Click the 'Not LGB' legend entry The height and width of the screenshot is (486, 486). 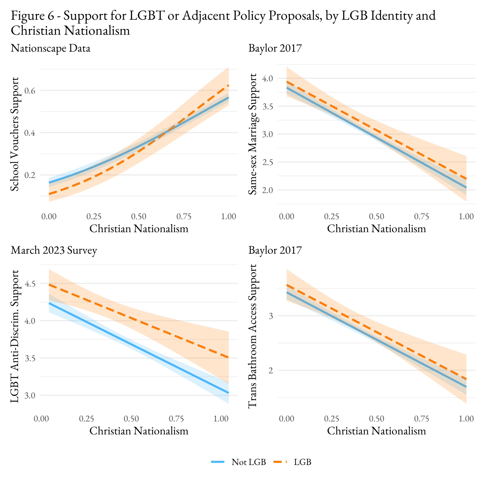tap(248, 462)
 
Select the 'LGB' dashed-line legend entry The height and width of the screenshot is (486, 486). tap(302, 462)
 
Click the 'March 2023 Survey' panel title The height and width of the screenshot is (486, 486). tap(54, 250)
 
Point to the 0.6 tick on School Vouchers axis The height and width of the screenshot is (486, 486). tap(30, 91)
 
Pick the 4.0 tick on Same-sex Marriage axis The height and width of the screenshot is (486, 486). tap(267, 79)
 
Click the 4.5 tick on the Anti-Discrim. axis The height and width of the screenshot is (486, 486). tap(30, 284)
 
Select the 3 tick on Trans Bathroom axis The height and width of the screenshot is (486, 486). tap(271, 316)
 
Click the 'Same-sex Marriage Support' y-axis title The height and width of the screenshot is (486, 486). tap(252, 134)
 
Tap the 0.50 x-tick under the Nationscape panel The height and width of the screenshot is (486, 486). tap(139, 216)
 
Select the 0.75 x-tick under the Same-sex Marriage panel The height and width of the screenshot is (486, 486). tap(421, 216)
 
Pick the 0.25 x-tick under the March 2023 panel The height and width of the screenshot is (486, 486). tap(86, 419)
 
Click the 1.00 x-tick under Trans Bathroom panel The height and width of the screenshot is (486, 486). tap(466, 419)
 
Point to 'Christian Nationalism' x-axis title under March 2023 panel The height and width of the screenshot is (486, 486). tap(139, 431)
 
